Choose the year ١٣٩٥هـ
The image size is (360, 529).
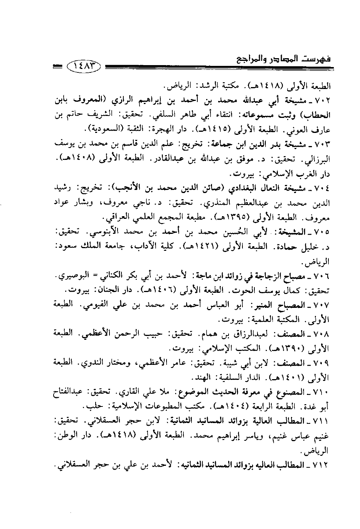click(x=241, y=218)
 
